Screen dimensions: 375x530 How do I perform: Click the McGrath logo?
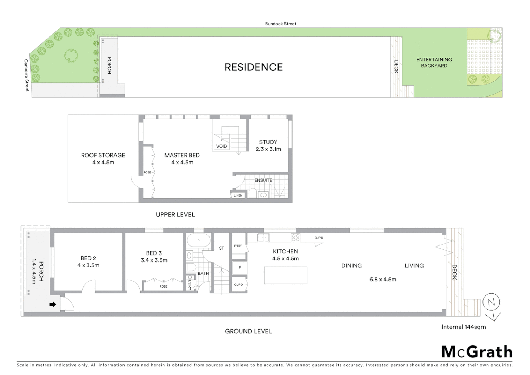[x=477, y=352]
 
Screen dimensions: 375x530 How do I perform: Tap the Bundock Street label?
[x=281, y=24]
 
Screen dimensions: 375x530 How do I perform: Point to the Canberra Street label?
[x=26, y=75]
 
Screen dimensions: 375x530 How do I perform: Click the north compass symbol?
[x=491, y=302]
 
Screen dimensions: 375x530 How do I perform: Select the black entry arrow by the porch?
[x=52, y=305]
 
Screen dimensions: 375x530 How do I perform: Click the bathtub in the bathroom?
[x=198, y=240]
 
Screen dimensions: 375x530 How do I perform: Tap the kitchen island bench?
[x=285, y=275]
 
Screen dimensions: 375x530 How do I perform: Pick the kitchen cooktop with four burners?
[x=296, y=237]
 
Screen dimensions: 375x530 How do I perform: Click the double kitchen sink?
[x=264, y=237]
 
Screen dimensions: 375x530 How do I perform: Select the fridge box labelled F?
[x=239, y=268]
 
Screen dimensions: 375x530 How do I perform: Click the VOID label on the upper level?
[x=222, y=146]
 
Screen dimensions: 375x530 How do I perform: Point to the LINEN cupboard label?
[x=238, y=195]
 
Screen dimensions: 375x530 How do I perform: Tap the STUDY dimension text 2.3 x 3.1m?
[x=268, y=149]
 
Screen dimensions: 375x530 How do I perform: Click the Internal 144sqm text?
[x=463, y=327]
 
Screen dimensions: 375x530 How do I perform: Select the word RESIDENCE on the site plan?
[x=254, y=67]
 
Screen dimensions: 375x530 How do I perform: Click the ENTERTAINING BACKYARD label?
[x=434, y=62]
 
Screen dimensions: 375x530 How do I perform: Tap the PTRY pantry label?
[x=238, y=246]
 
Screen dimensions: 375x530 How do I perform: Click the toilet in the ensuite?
[x=253, y=193]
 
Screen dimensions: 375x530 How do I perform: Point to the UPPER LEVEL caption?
[x=175, y=215]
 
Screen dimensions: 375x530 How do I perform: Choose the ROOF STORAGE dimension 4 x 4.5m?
[x=103, y=162]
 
